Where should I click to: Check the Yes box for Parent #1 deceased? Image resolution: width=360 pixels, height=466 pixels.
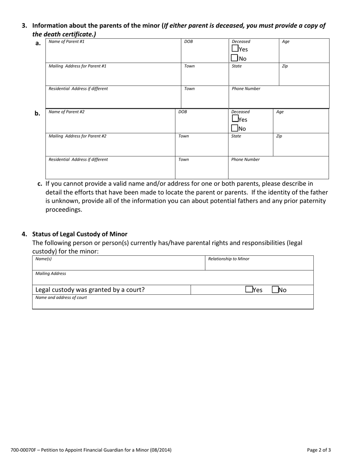(x=235, y=49)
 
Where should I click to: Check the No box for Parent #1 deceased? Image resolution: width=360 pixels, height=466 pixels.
(x=235, y=58)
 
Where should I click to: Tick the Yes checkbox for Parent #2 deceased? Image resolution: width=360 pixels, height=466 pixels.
(x=235, y=119)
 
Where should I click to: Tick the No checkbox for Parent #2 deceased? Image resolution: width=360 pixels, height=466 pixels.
(x=235, y=128)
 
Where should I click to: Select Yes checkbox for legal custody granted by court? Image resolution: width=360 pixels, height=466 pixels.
(x=249, y=290)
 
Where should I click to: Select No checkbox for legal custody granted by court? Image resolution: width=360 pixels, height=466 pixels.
(x=275, y=290)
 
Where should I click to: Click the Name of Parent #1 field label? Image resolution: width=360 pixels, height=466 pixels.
(x=67, y=42)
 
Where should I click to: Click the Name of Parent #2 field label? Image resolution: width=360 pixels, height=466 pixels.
(x=67, y=112)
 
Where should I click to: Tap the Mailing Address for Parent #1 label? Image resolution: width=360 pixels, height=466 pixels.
(x=77, y=66)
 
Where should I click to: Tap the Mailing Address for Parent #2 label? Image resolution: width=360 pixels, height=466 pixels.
(x=77, y=136)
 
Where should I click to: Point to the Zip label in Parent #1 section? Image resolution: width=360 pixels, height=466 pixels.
(x=285, y=66)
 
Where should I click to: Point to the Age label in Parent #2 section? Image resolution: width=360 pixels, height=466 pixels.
(x=280, y=112)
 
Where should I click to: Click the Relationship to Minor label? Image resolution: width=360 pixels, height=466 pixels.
(x=229, y=259)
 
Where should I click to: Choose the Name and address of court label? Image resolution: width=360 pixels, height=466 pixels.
(x=61, y=298)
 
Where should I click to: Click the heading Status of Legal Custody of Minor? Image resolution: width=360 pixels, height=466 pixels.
(x=80, y=234)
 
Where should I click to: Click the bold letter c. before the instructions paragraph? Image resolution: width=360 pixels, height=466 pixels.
(x=40, y=184)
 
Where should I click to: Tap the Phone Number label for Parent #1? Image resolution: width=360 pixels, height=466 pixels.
(x=246, y=89)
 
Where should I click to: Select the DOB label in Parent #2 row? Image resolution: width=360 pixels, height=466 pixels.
(x=183, y=112)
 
